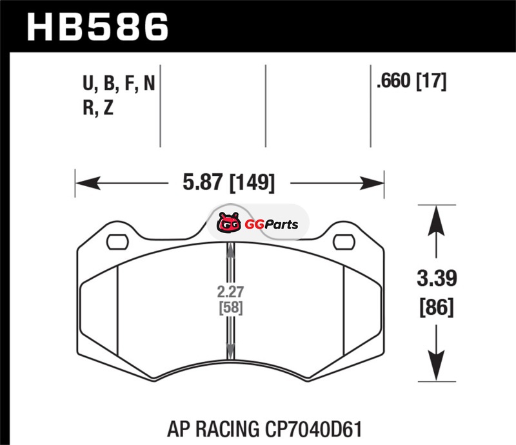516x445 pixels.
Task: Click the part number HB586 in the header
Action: pyautogui.click(x=98, y=27)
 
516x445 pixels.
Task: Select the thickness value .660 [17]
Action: pyautogui.click(x=412, y=81)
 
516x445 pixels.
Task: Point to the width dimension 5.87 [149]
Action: pyautogui.click(x=229, y=182)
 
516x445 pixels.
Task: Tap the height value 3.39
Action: pyautogui.click(x=437, y=278)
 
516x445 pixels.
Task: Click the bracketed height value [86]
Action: pyautogui.click(x=437, y=307)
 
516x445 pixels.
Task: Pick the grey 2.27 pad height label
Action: pyautogui.click(x=230, y=292)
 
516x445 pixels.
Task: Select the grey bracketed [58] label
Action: pyautogui.click(x=231, y=308)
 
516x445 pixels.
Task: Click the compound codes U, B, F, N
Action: pyautogui.click(x=119, y=84)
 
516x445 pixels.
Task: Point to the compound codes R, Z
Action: pyautogui.click(x=98, y=108)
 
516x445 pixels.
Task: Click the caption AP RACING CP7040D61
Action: pyautogui.click(x=264, y=429)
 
